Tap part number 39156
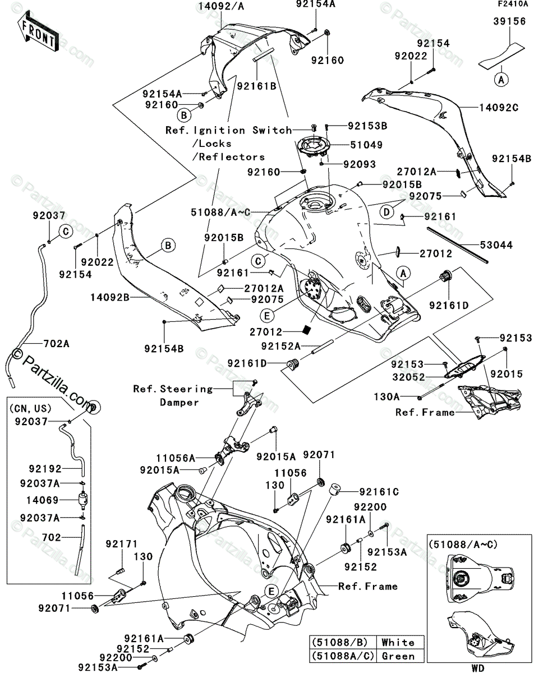pos(509,22)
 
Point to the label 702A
pos(54,344)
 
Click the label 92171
pos(122,544)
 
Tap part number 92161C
pos(379,492)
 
